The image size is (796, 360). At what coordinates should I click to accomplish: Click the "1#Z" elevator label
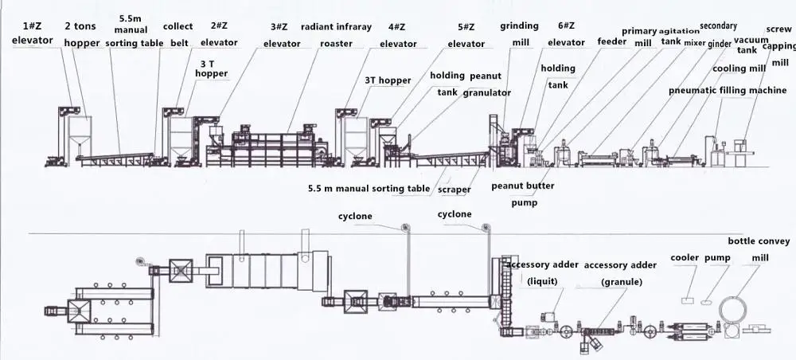click(x=33, y=26)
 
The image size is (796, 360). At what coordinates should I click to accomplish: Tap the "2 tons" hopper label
click(x=81, y=26)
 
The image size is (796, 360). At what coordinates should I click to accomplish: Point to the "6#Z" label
click(x=567, y=26)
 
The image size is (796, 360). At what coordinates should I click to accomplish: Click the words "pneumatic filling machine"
click(x=728, y=90)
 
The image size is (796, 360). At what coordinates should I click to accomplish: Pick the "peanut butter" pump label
click(x=522, y=186)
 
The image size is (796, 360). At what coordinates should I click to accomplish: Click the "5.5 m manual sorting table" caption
click(x=368, y=190)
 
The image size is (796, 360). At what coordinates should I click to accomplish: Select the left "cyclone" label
click(x=355, y=215)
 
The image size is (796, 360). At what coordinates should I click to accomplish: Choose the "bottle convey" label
click(x=759, y=241)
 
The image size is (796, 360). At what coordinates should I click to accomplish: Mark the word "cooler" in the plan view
click(x=685, y=258)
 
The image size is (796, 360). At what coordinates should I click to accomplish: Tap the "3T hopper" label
click(x=388, y=80)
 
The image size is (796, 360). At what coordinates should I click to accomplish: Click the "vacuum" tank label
click(x=751, y=39)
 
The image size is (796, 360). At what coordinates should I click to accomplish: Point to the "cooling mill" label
click(x=738, y=68)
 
